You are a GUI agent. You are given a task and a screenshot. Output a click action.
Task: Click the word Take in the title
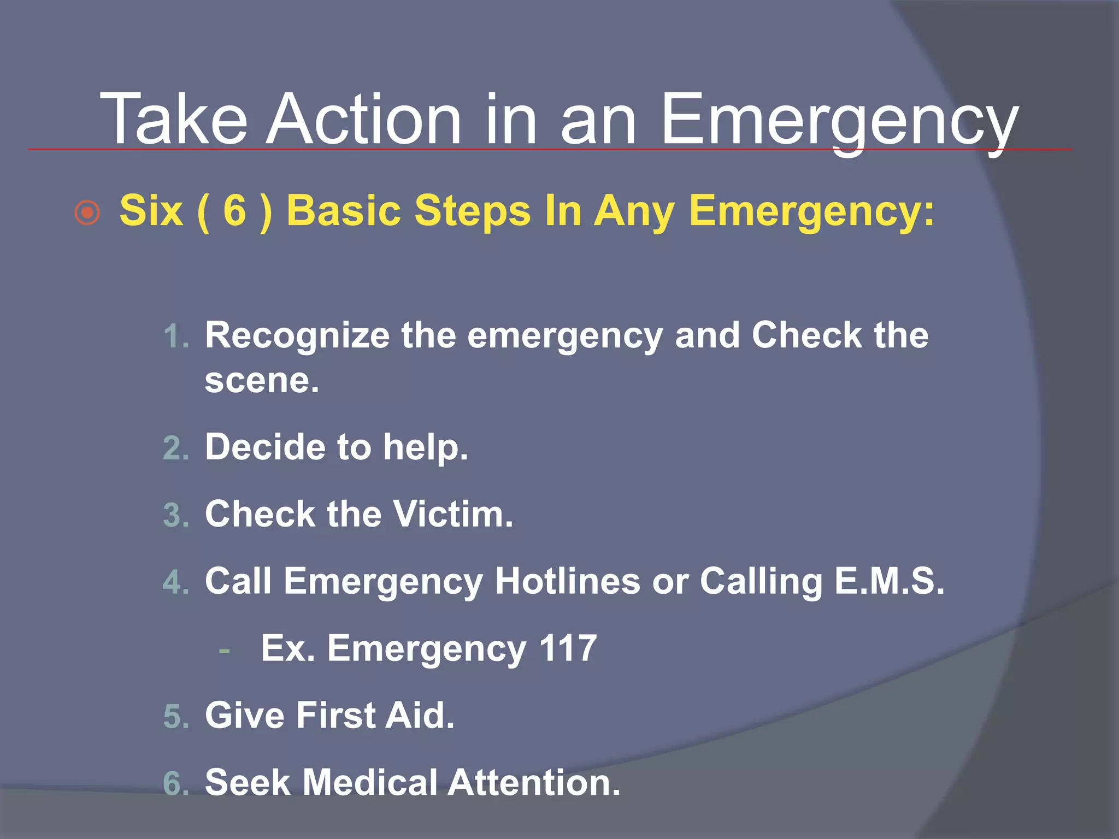173,119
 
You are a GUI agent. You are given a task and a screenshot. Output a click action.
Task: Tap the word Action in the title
363,119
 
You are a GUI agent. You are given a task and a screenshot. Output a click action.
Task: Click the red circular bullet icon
87,212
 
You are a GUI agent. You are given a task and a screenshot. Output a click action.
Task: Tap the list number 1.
175,336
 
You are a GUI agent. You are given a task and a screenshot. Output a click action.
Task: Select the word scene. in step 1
262,381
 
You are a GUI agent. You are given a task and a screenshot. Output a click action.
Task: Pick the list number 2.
175,449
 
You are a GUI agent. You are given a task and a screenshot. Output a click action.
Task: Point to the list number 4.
175,582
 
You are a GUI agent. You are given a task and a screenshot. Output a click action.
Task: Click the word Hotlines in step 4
567,581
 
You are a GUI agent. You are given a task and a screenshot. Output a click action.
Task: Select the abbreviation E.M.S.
889,581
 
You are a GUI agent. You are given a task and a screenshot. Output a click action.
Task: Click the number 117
568,648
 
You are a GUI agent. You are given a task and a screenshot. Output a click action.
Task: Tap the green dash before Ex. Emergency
224,651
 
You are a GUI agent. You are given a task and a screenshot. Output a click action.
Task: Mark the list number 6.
175,784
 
